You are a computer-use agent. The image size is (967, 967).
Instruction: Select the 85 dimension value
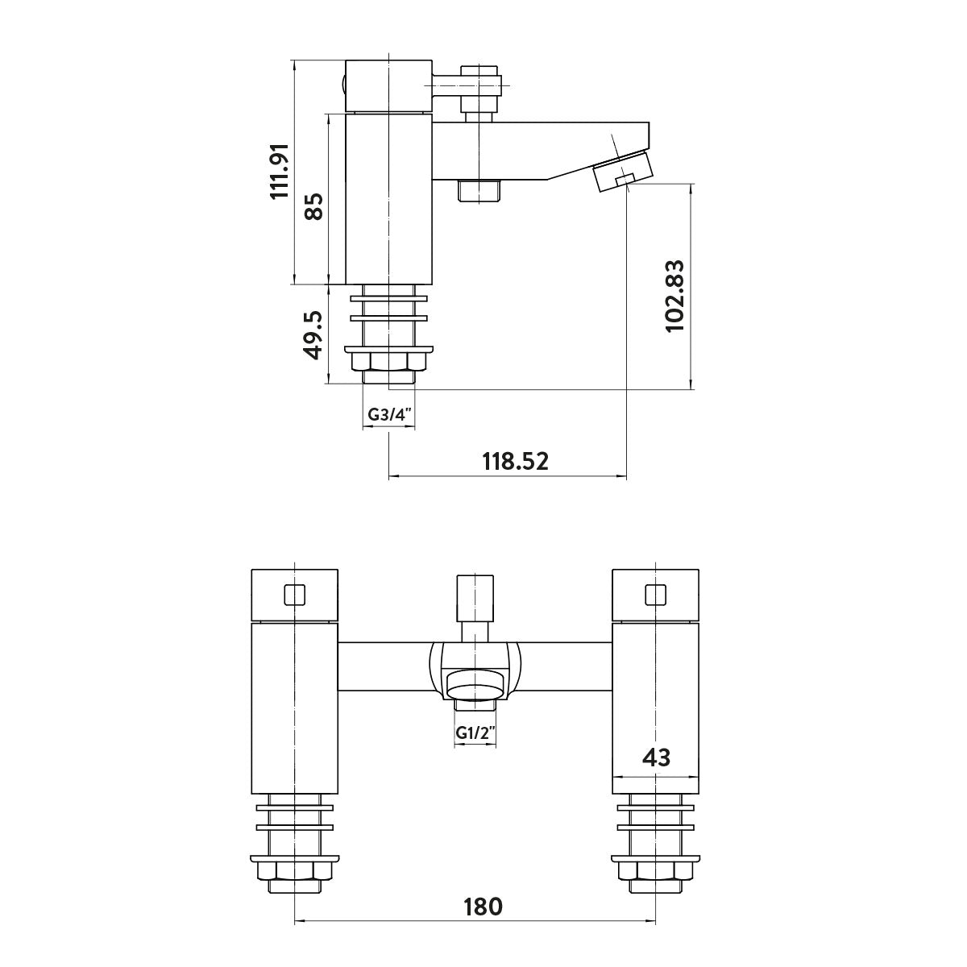point(313,206)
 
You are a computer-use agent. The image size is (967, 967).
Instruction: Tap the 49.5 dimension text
point(313,336)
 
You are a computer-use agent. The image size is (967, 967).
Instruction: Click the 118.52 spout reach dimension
point(515,462)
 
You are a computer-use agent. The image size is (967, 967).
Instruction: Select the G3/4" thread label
point(389,415)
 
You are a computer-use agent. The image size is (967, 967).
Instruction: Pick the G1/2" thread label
point(475,733)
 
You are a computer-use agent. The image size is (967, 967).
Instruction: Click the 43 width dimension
point(657,757)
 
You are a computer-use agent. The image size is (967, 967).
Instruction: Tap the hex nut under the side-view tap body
point(389,362)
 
